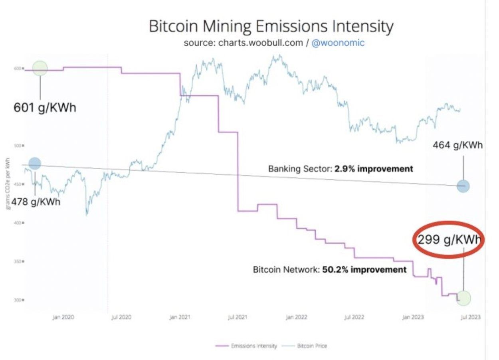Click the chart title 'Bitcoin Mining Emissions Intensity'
click(x=271, y=27)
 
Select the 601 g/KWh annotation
click(x=45, y=108)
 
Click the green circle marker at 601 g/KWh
click(x=40, y=68)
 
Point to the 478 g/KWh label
click(x=36, y=202)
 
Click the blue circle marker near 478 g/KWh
click(x=35, y=163)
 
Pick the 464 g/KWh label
click(x=457, y=145)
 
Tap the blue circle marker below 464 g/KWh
click(x=463, y=186)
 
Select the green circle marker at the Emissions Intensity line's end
click(x=463, y=297)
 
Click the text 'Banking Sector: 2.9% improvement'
click(x=341, y=169)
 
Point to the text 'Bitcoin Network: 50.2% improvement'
click(x=329, y=269)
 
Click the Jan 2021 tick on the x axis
click(x=180, y=317)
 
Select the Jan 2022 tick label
click(x=296, y=317)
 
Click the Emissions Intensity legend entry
click(x=246, y=346)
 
